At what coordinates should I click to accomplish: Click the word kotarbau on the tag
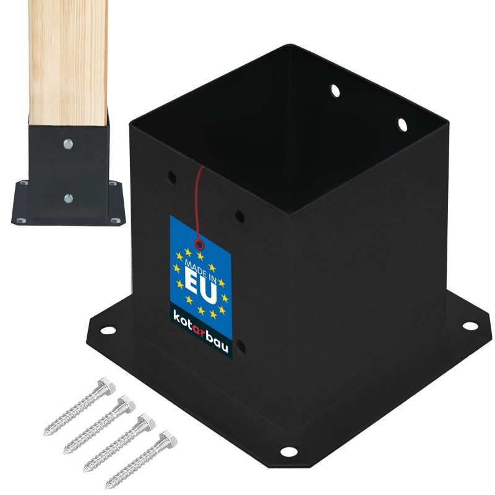200,331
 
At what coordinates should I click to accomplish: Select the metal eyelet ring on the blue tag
199,244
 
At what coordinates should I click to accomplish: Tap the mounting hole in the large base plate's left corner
108,330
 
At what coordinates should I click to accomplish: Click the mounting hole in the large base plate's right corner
470,325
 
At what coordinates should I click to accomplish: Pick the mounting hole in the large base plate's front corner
288,451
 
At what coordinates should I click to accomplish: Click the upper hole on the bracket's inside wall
335,91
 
